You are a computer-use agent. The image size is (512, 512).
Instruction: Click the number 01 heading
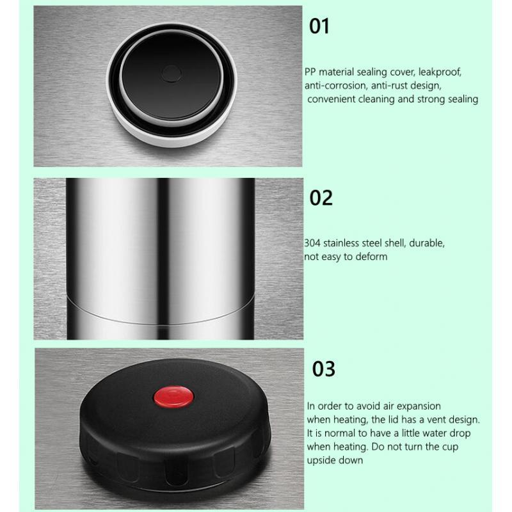click(319, 26)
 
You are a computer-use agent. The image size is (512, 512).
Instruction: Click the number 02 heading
click(321, 198)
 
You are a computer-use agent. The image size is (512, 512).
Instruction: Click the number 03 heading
click(324, 369)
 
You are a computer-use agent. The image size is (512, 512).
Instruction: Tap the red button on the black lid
click(173, 397)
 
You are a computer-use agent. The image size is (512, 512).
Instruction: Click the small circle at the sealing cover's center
click(172, 74)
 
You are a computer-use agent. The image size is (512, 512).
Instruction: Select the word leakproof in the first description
click(440, 72)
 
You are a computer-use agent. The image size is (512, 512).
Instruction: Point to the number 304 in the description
click(312, 243)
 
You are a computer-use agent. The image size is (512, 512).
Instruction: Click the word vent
click(437, 420)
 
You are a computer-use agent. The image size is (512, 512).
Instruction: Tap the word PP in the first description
click(310, 72)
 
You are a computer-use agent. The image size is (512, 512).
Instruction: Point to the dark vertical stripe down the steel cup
click(163, 259)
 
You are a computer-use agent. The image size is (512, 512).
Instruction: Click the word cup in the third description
click(451, 447)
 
